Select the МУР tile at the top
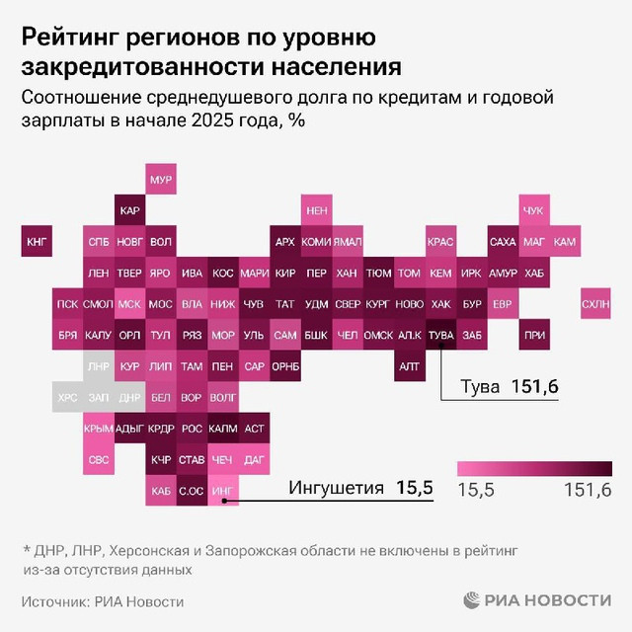(x=160, y=181)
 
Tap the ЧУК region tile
(x=533, y=210)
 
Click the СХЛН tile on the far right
(x=595, y=304)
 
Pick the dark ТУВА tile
(x=441, y=336)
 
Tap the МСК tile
(x=129, y=304)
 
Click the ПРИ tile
(x=533, y=336)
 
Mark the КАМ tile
(x=565, y=241)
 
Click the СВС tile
(x=99, y=459)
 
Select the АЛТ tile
(x=410, y=366)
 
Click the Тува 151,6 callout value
(x=535, y=387)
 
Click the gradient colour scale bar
(x=534, y=469)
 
